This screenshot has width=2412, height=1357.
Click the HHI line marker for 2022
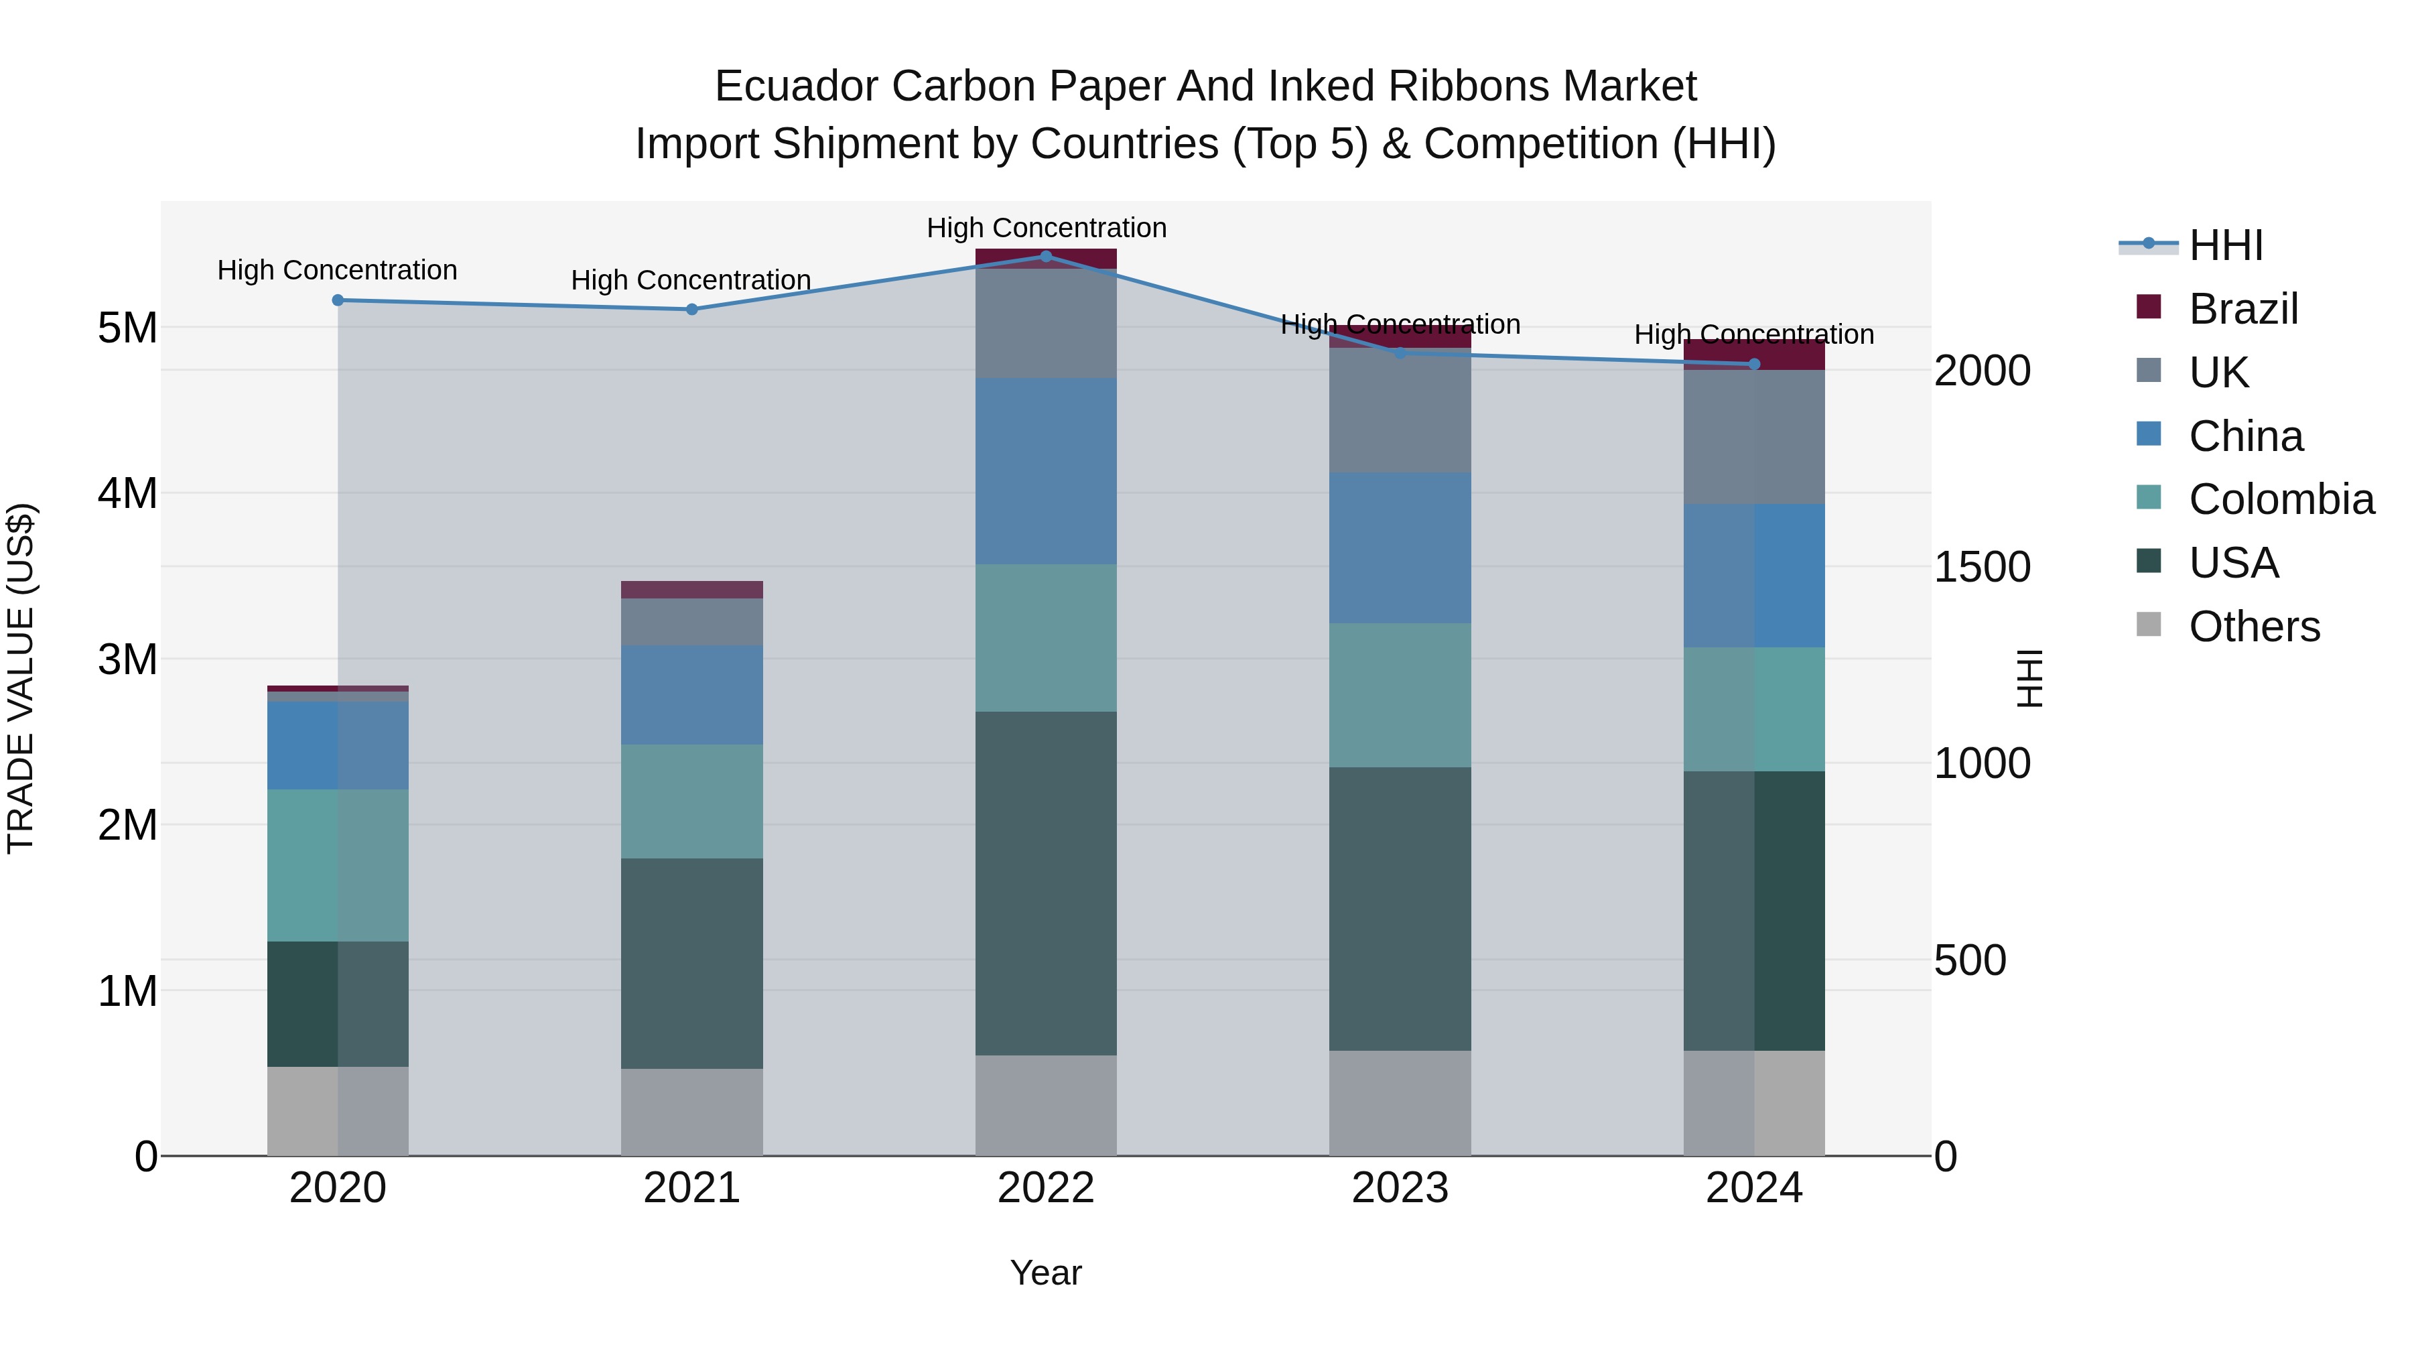(1046, 256)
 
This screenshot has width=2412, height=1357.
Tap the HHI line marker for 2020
(338, 300)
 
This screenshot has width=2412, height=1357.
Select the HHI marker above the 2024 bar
(1754, 363)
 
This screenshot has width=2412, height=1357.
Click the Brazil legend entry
(2242, 309)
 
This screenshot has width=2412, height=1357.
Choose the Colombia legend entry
(2280, 499)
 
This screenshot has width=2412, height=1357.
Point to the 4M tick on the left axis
(127, 493)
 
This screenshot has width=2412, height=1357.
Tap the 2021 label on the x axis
(692, 1188)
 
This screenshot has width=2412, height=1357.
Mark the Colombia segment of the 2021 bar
(692, 801)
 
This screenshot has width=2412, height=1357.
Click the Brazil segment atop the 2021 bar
(692, 589)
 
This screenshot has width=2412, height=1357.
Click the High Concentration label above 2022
(1046, 228)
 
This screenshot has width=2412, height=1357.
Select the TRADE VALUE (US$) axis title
(21, 678)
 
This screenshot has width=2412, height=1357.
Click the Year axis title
(1046, 1273)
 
